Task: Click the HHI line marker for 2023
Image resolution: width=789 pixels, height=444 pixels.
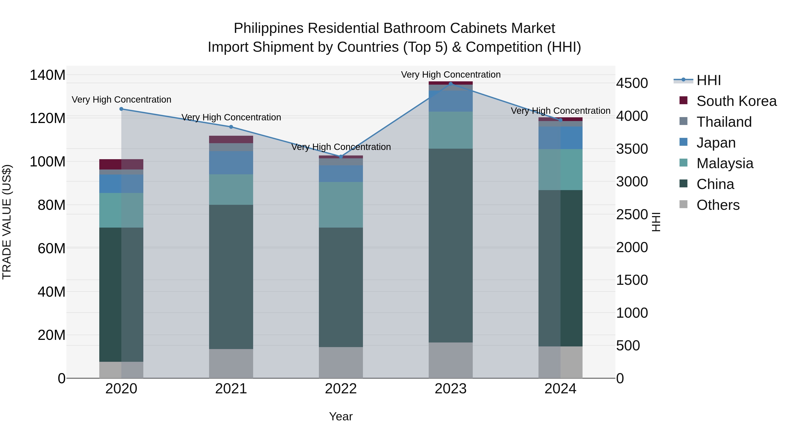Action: pos(451,84)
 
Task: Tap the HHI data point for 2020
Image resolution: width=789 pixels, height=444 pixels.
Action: pos(121,109)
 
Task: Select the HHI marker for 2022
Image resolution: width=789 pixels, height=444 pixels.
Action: pos(341,157)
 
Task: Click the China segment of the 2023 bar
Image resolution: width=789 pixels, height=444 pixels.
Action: pos(451,245)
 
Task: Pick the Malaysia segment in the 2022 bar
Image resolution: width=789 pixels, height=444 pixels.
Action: pos(341,205)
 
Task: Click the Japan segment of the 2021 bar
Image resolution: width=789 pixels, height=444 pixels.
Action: pos(231,162)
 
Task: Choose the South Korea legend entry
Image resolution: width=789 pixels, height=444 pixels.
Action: pos(736,101)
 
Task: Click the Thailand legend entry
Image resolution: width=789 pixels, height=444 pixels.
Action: pos(724,122)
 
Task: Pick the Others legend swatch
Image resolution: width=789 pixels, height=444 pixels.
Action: pos(683,204)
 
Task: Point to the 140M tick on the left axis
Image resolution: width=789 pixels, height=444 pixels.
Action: pos(48,75)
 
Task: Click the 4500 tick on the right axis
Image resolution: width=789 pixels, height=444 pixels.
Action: pos(632,83)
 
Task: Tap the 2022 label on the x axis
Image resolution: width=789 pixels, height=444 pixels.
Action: pos(341,389)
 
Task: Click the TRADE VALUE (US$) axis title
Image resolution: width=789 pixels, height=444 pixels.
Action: pos(7,222)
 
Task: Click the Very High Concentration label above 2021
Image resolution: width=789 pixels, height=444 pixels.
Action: pos(231,117)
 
